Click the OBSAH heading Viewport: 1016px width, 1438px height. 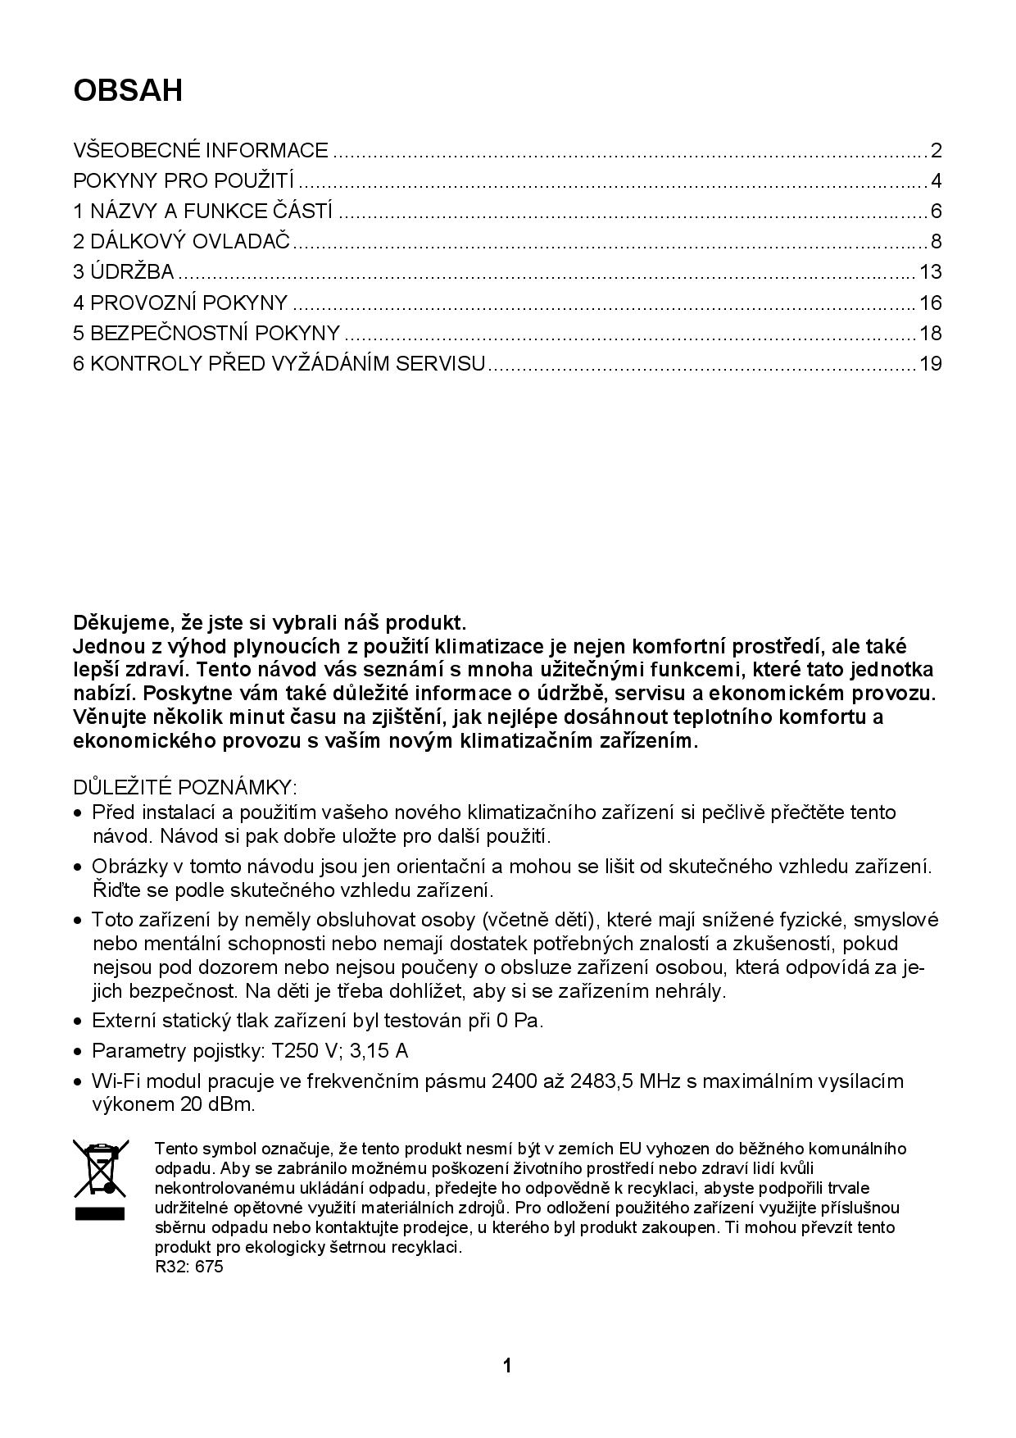tap(128, 90)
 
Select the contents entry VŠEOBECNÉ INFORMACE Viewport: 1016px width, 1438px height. tap(201, 151)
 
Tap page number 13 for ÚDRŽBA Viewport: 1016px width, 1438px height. tap(931, 272)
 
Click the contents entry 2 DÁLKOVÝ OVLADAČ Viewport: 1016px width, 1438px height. tap(182, 242)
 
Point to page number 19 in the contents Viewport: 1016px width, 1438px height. tap(931, 363)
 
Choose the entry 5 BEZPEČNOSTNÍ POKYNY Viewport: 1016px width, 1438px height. tap(206, 333)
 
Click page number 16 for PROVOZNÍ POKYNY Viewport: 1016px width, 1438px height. tap(931, 303)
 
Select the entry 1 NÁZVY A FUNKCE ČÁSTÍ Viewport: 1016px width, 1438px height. tap(203, 212)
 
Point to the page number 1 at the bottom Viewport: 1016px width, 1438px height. tap(507, 1366)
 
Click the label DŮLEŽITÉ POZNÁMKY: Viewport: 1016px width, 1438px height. tap(185, 788)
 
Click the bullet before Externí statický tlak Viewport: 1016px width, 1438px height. tap(78, 1022)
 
